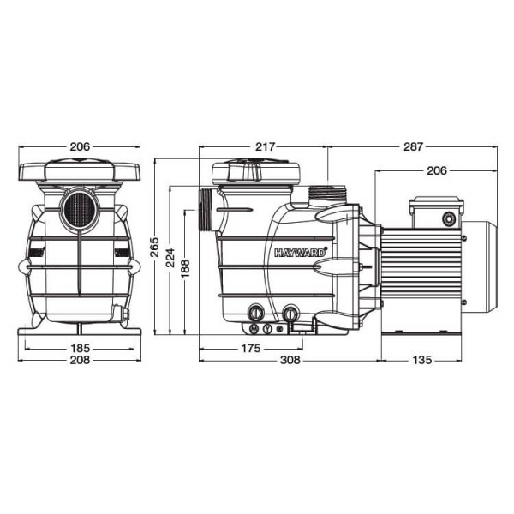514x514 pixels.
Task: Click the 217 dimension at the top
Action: pos(265,147)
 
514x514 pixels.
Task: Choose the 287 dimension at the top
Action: pos(412,147)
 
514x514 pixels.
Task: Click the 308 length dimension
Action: pos(290,361)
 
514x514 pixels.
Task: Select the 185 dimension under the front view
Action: pos(79,349)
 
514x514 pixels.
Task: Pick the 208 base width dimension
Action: pos(79,361)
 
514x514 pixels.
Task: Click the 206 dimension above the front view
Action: pos(79,147)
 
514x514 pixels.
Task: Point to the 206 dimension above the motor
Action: pos(437,171)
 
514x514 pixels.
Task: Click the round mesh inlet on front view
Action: pos(79,208)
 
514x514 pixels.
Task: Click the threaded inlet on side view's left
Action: pos(206,210)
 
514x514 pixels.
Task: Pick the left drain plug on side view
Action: pos(254,314)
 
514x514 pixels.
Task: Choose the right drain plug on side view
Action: pos(291,314)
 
